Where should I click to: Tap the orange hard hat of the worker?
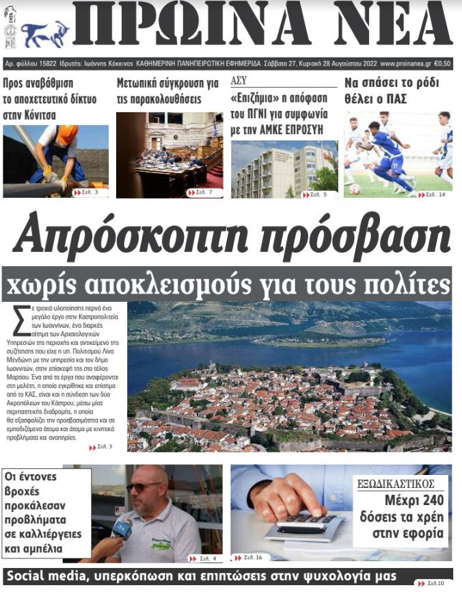[66, 135]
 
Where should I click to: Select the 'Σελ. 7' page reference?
[201, 193]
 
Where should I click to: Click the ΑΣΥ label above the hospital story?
[239, 80]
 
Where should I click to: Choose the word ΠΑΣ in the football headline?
[394, 99]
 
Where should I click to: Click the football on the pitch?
[355, 189]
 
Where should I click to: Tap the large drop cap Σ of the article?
[21, 319]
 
